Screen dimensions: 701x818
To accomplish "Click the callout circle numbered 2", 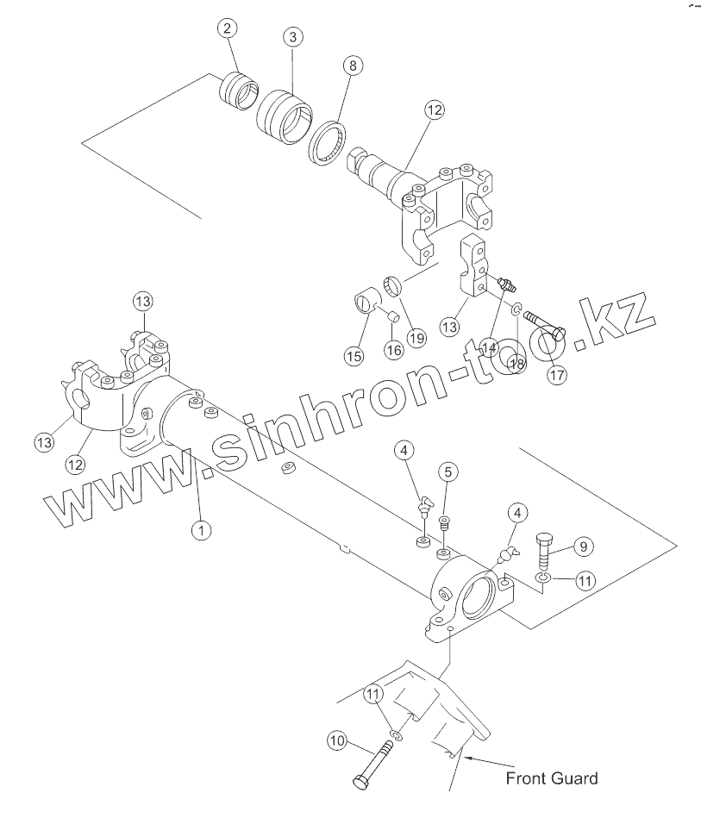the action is point(227,28).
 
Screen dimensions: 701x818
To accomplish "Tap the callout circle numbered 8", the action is point(352,65).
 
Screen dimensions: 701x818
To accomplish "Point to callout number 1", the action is point(201,529).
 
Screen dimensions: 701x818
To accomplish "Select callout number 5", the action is point(448,471).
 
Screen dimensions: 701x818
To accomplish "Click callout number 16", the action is point(393,349).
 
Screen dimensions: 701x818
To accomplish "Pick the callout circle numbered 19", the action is point(417,338).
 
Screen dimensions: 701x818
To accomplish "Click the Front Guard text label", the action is point(551,778).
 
